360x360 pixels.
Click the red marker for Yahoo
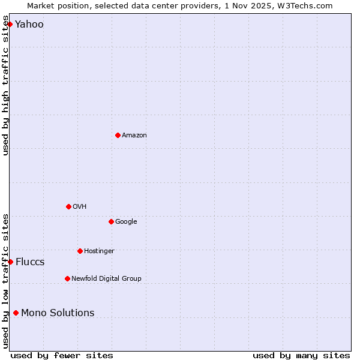click(10, 24)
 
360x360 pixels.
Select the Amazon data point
click(118, 135)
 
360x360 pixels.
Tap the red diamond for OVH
click(68, 206)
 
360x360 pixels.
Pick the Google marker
click(111, 221)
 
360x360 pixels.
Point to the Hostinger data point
click(80, 251)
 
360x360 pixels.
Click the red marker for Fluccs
click(10, 262)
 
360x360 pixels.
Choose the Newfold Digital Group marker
click(67, 278)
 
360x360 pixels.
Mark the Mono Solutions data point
click(16, 313)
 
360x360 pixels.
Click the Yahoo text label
click(29, 25)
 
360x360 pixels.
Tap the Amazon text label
click(134, 136)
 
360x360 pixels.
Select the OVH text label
click(80, 207)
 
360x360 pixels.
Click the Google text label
click(126, 222)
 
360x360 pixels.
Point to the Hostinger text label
click(99, 251)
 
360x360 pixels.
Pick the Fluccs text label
click(30, 262)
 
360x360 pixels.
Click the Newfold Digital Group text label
click(106, 279)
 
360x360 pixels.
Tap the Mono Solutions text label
click(58, 313)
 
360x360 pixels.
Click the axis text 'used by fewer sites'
click(62, 355)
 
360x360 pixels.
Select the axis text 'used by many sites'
click(301, 355)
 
